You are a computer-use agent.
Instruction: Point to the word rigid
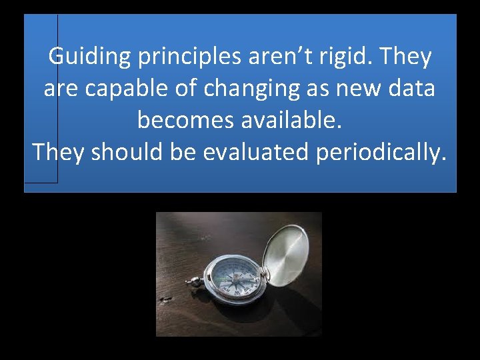point(346,57)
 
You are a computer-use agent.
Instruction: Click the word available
point(290,120)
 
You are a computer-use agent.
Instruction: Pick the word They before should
point(59,152)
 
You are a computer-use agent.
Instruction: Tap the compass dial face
point(231,277)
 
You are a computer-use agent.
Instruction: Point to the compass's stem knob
point(194,281)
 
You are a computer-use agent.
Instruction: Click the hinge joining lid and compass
point(263,273)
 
